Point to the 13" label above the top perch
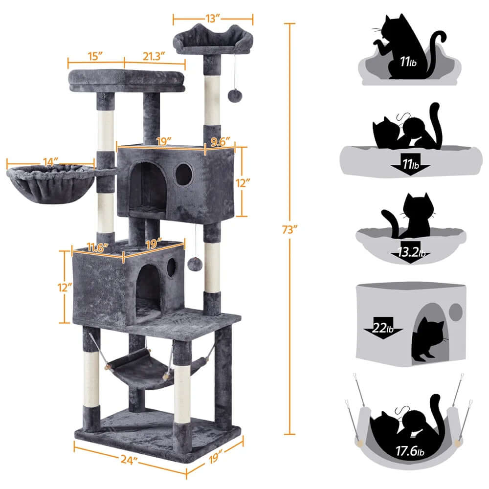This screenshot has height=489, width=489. point(213,19)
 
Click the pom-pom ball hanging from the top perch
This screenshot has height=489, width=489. point(233,94)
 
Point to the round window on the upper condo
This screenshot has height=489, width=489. point(184,175)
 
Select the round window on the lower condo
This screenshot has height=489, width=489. point(171,267)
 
